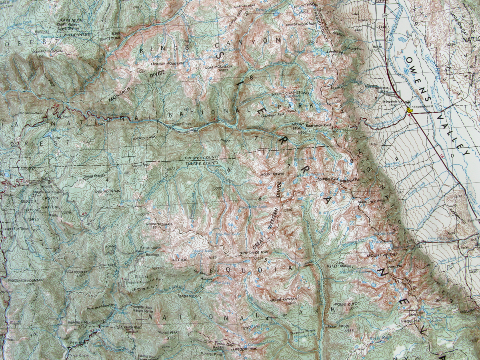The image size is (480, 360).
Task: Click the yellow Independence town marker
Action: [409, 109]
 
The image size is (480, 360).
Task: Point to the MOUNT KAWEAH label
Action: [283, 299]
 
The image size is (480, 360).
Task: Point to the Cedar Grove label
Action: [180, 125]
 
